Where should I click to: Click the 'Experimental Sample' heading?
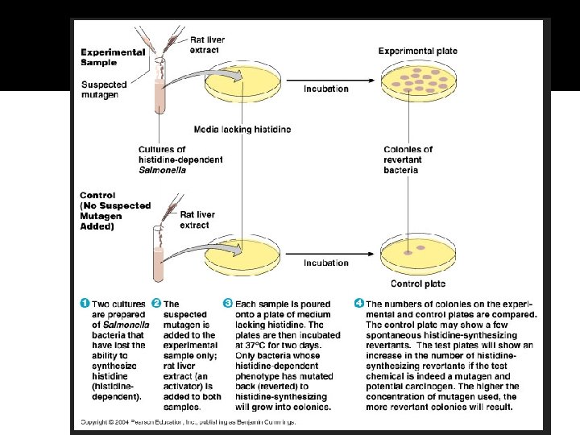click(113, 57)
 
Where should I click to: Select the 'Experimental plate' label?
click(417, 52)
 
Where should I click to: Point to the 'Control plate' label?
click(417, 284)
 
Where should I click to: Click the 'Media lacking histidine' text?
click(242, 129)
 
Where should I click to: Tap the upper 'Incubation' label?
click(326, 89)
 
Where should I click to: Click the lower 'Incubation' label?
click(326, 263)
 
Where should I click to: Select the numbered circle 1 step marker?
click(85, 303)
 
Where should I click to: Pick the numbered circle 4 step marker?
click(358, 303)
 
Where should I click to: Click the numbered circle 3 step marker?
click(228, 303)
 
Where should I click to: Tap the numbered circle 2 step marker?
click(156, 303)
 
